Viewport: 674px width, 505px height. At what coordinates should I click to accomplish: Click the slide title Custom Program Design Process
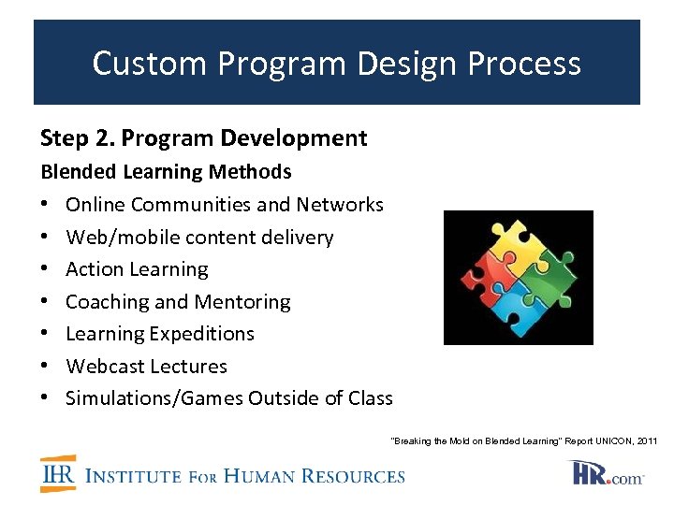point(336,64)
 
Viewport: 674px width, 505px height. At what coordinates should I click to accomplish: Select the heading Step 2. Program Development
point(203,138)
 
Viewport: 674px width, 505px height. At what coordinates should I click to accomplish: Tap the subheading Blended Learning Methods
point(166,172)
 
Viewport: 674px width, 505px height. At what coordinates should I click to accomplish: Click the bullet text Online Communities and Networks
point(225,205)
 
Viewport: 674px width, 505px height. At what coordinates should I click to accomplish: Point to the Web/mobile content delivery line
point(199,238)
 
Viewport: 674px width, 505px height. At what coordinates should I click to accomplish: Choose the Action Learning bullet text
point(137,269)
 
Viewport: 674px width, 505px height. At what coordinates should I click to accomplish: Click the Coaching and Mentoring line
point(178,302)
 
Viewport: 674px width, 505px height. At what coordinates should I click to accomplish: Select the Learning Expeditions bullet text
point(160,334)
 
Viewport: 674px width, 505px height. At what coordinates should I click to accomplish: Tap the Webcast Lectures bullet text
point(146,367)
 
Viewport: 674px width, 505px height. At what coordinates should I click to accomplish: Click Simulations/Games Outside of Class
point(229,398)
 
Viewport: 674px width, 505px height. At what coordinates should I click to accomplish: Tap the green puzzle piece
point(552,280)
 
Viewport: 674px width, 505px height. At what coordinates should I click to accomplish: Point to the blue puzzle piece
point(516,313)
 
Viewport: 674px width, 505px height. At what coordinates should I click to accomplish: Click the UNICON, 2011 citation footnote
point(523,440)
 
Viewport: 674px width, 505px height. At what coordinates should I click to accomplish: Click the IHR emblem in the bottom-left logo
point(58,474)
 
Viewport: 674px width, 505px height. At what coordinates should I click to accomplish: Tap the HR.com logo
point(608,474)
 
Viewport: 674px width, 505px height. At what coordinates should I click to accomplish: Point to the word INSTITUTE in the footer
point(133,476)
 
